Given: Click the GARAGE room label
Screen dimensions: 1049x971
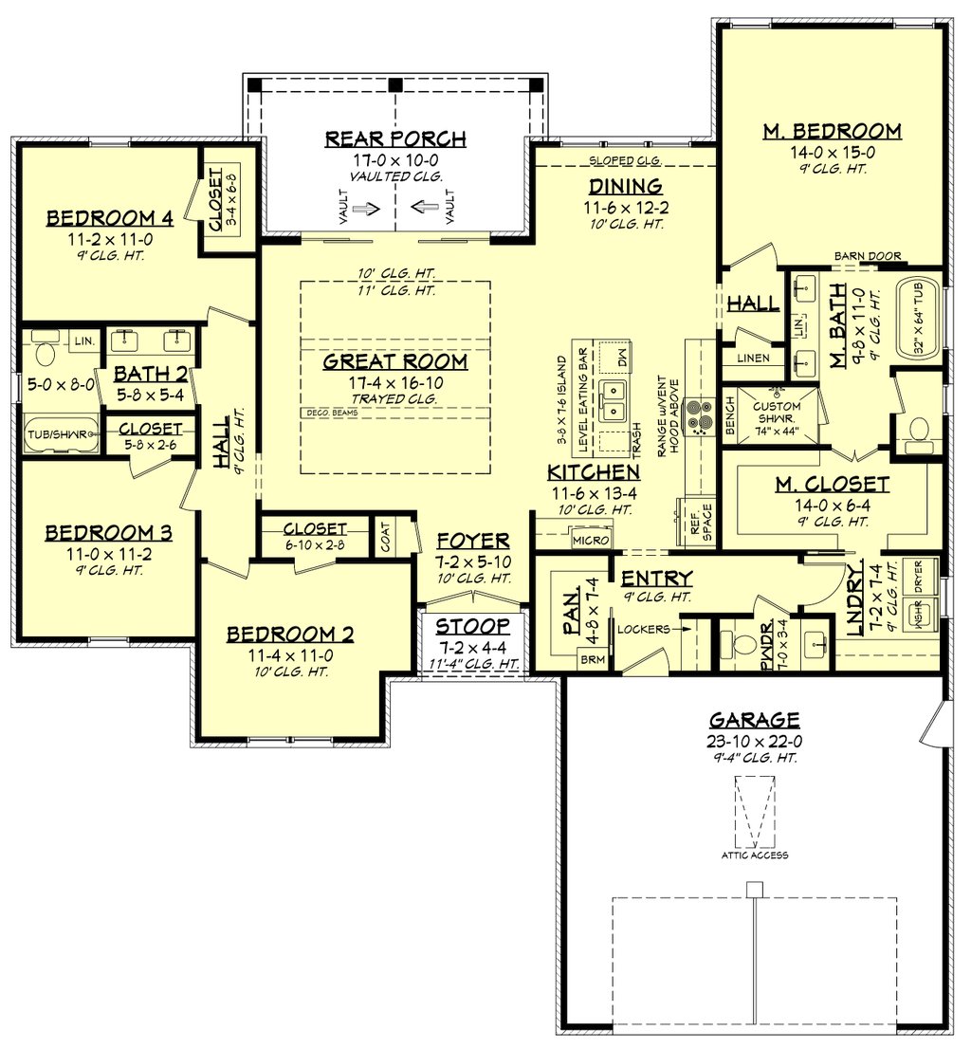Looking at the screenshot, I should [755, 719].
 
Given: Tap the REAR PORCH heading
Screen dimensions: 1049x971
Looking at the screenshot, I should [395, 139].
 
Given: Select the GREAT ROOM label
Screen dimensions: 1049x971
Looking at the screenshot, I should [395, 361].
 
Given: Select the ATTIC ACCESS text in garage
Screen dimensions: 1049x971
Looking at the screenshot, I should [755, 855].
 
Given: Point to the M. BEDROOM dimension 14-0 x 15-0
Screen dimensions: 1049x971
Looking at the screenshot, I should [832, 152].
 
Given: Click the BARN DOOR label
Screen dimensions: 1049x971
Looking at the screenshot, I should [868, 256].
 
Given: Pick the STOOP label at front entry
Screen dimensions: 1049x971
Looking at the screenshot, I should [472, 627].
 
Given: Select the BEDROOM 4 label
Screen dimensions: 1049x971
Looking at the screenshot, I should [110, 219].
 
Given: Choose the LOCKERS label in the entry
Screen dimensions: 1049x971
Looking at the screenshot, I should [645, 628].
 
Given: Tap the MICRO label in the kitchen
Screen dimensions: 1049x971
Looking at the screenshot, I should [585, 540].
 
